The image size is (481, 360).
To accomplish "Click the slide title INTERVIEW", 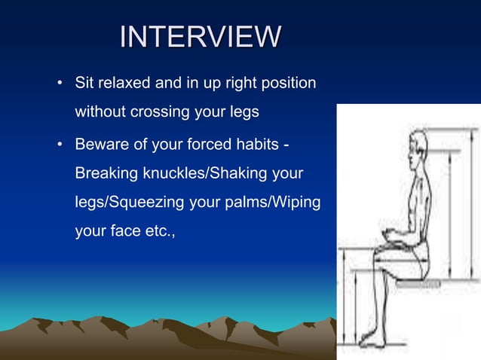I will (201, 37).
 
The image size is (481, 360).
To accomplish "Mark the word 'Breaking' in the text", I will (106, 173).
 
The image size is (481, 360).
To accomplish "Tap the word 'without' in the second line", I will (98, 112).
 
